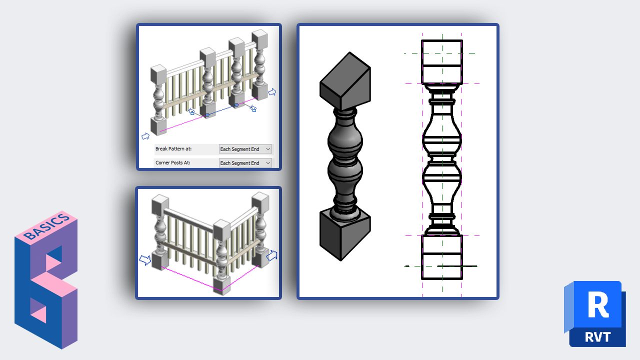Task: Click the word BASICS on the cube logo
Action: [46, 226]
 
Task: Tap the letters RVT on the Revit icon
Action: [597, 337]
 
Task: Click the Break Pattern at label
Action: [173, 149]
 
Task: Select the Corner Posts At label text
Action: [173, 162]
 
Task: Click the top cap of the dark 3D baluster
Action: [345, 81]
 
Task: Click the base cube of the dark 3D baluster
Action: [345, 235]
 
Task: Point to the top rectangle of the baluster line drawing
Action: [442, 61]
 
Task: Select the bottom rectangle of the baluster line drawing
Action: [442, 257]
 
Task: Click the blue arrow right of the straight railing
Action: [272, 92]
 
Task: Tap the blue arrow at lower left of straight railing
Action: [145, 136]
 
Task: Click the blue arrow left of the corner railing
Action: [145, 259]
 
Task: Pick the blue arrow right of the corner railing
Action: [271, 255]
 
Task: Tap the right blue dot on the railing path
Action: [236, 105]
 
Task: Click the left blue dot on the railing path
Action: [207, 115]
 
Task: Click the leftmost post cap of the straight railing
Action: [158, 74]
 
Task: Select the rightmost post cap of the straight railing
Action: [259, 38]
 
